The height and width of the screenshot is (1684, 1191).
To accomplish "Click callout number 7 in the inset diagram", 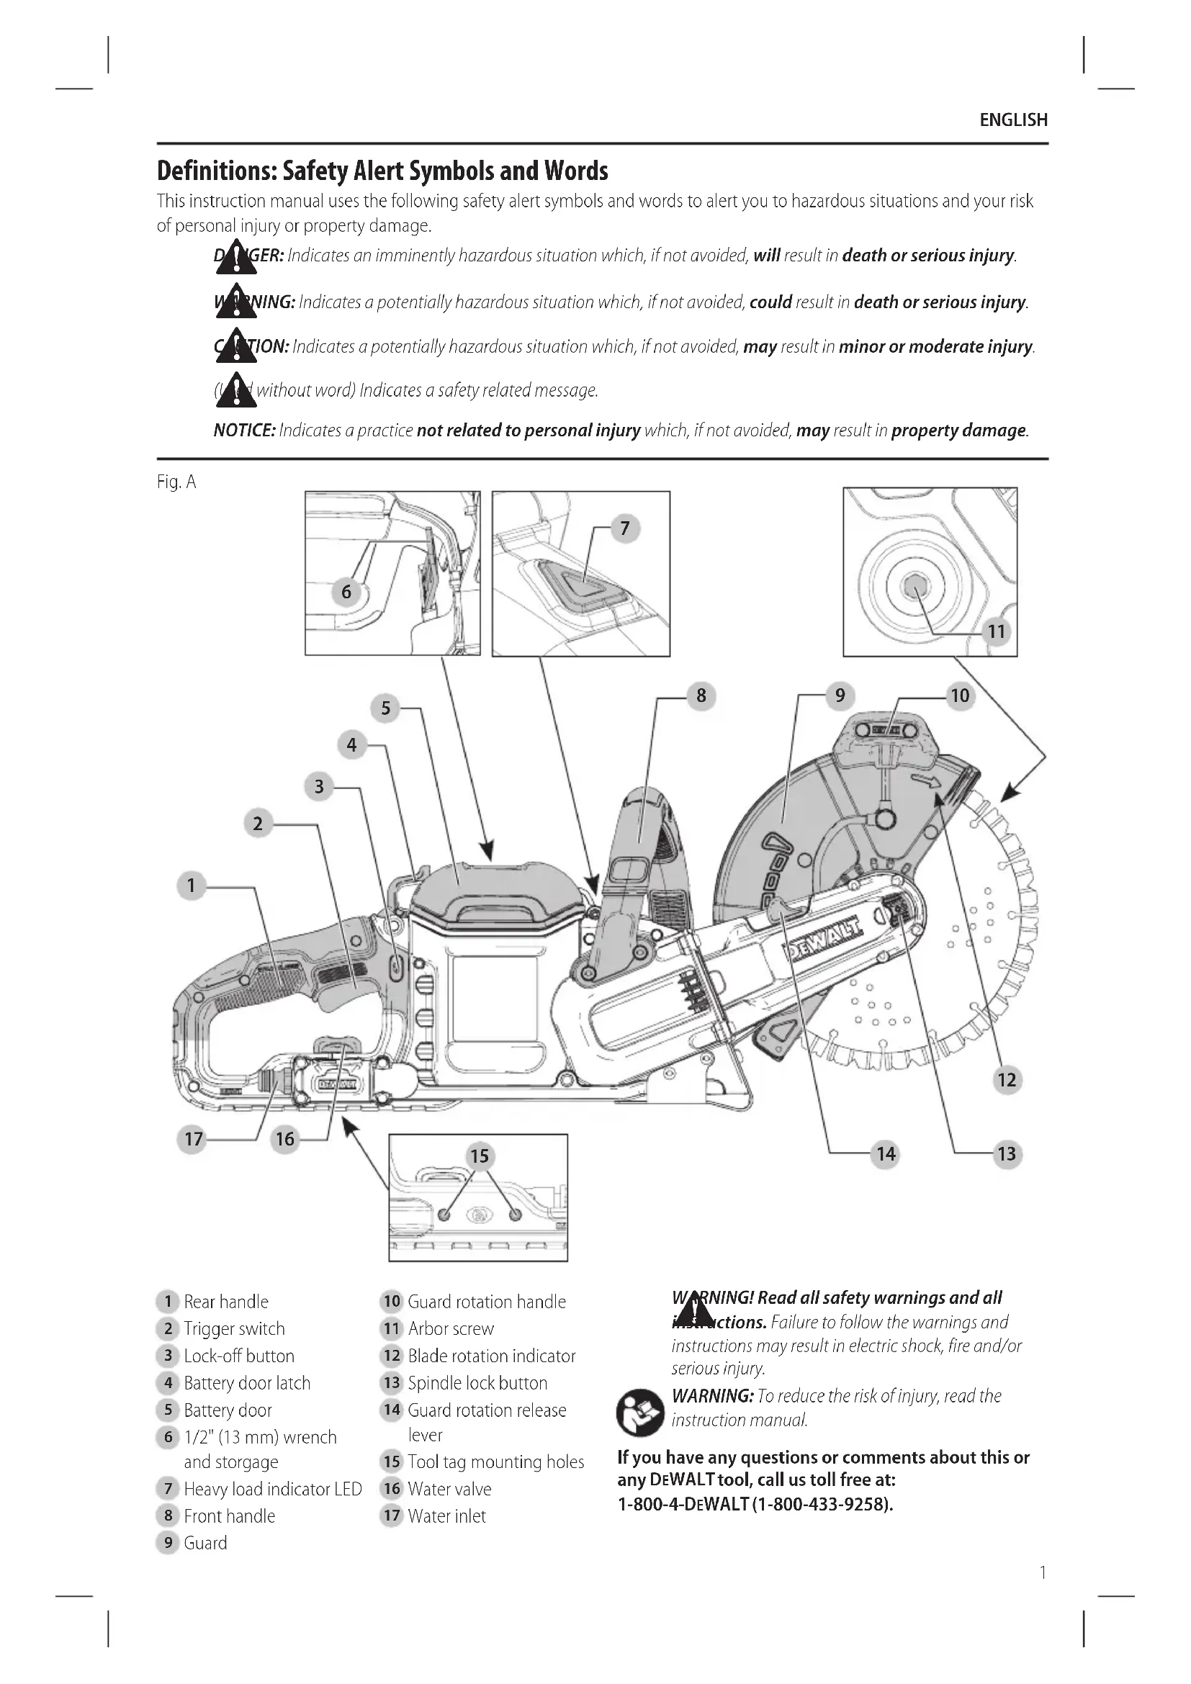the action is tap(625, 528).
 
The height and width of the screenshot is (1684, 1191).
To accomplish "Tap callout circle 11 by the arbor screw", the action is tap(996, 631).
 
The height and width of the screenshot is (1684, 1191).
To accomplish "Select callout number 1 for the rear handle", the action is tap(192, 886).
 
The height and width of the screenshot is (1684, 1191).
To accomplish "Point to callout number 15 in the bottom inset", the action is tap(479, 1156).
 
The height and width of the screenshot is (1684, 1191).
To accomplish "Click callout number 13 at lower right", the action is tap(1006, 1153).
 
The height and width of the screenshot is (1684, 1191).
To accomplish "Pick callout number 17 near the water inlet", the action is tap(193, 1138).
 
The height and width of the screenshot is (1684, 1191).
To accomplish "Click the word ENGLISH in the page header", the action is tap(1014, 120).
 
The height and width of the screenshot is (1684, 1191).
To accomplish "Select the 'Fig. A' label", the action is tap(176, 482).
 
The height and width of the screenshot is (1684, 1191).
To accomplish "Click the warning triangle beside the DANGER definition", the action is tap(236, 258).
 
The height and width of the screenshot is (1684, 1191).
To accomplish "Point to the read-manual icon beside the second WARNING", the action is tap(639, 1412).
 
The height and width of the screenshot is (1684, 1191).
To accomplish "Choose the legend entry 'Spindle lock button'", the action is tap(477, 1382).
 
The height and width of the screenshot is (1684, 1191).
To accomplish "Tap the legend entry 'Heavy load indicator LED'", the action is tap(273, 1489).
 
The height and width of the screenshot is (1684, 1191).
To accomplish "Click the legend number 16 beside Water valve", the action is tap(392, 1488).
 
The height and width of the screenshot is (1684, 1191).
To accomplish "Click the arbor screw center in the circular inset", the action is tap(913, 585).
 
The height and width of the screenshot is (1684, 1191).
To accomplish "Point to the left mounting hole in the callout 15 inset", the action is tap(443, 1215).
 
